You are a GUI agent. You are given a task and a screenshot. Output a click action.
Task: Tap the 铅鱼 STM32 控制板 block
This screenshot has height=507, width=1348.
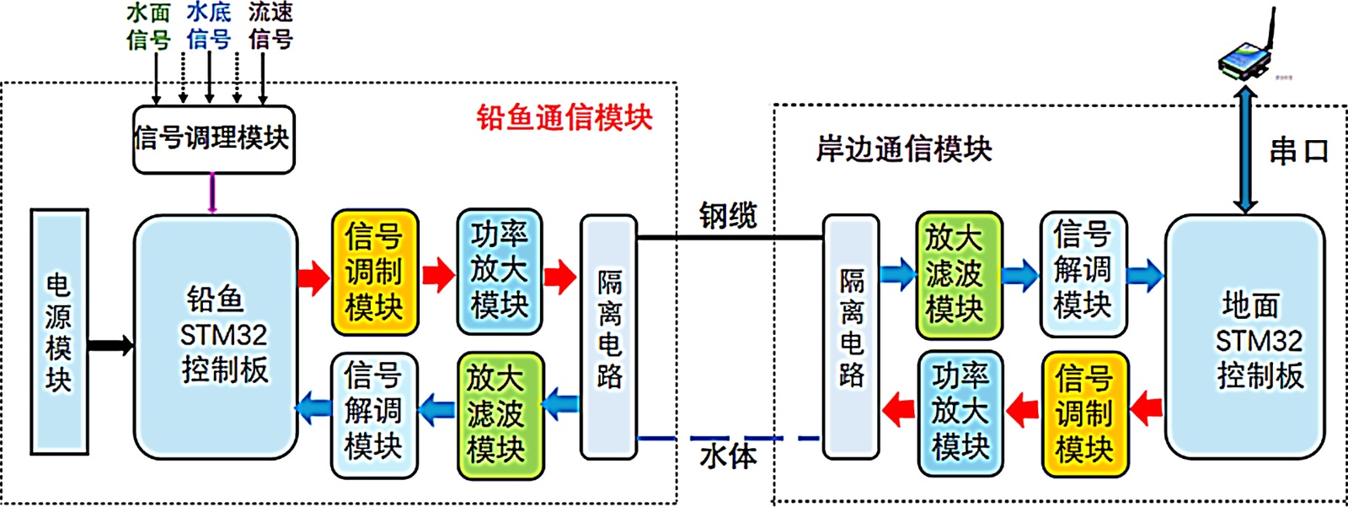(x=216, y=336)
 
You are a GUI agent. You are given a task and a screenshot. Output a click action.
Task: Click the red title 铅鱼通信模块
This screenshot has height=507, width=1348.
(x=564, y=117)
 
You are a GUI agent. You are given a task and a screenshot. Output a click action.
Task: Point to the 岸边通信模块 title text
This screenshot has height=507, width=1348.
(x=904, y=149)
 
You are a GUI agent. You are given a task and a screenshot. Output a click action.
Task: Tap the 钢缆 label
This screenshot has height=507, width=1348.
(x=728, y=215)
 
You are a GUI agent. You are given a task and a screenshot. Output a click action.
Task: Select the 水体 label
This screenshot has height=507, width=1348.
(x=728, y=456)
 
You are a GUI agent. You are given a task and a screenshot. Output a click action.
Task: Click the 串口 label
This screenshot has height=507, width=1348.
(x=1298, y=152)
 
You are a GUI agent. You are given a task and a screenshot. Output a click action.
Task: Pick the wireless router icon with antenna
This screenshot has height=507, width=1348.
(x=1246, y=55)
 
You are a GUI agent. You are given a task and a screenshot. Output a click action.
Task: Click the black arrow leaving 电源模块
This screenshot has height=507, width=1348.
(x=110, y=344)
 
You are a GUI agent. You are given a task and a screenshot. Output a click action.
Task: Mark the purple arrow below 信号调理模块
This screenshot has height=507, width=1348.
(x=212, y=193)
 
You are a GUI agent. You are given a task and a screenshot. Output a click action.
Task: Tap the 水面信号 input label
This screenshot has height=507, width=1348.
(x=148, y=26)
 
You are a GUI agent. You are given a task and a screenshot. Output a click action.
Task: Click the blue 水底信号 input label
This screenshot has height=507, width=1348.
(x=208, y=26)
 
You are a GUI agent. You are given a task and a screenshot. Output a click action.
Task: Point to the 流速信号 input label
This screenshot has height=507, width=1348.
(x=270, y=26)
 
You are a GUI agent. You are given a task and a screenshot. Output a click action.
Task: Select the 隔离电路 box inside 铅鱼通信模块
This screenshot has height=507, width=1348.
(x=608, y=336)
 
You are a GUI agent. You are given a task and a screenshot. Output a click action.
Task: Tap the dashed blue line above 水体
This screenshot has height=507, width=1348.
(x=728, y=439)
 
